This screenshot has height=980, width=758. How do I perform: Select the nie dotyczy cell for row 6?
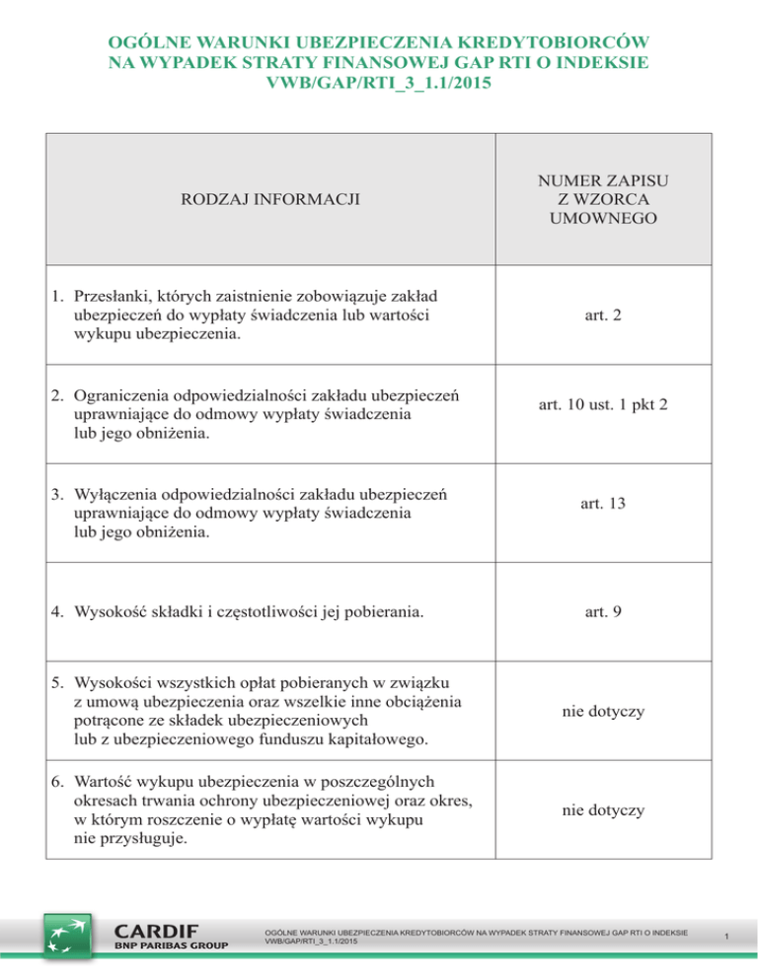[602, 809]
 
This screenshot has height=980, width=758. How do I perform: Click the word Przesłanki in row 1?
[112, 297]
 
